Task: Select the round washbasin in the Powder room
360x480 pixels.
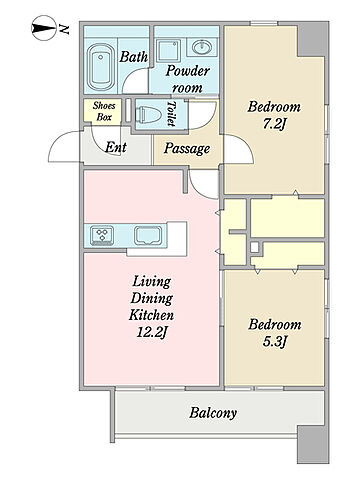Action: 202,47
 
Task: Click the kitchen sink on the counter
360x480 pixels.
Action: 148,235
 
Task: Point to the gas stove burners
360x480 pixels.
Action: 102,235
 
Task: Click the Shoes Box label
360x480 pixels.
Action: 104,111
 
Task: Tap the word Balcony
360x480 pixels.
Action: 213,413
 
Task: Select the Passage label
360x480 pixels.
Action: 187,148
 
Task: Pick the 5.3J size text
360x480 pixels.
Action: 275,342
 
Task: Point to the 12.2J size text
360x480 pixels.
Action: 152,332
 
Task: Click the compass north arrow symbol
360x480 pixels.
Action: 44,28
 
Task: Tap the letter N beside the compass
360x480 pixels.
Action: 64,29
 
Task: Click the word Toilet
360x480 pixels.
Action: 171,114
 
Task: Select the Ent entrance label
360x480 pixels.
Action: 116,147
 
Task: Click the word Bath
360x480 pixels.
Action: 133,57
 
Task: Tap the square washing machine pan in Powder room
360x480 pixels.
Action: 169,50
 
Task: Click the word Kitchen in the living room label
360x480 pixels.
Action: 151,315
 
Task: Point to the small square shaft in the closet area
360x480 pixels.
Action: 254,247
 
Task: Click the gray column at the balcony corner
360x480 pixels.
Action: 313,444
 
